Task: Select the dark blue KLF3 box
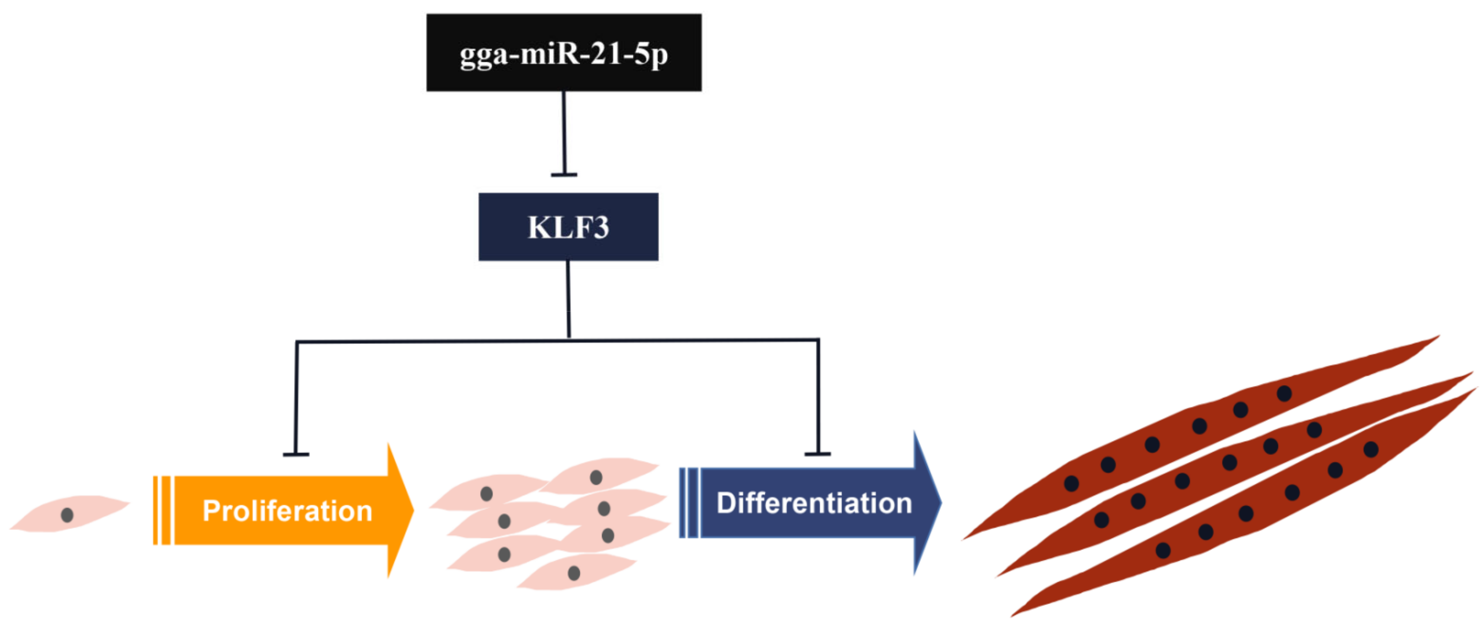[568, 227]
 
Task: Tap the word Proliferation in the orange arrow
[287, 511]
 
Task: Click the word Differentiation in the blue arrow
[814, 503]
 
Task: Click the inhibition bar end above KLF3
[564, 174]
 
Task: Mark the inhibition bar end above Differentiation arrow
[817, 454]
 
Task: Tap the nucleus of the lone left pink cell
[67, 515]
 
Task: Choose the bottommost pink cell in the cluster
[575, 572]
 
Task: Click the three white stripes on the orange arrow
[164, 510]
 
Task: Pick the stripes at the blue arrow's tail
[689, 503]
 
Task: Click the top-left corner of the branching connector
[297, 342]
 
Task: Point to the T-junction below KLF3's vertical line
[569, 339]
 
